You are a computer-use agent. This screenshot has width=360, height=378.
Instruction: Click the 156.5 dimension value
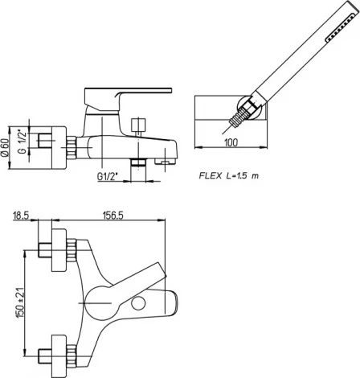[x=112, y=216]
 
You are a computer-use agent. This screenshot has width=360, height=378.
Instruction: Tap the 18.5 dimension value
[x=21, y=216]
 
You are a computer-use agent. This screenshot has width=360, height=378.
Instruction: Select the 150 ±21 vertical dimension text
[x=20, y=302]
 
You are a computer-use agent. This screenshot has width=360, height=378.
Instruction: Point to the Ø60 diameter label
[x=5, y=147]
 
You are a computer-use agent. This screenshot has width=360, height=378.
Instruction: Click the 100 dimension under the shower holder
[x=231, y=142]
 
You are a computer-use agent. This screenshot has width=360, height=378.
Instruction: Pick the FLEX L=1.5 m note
[x=229, y=176]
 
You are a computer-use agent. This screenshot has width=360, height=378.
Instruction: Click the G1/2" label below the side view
[x=108, y=177]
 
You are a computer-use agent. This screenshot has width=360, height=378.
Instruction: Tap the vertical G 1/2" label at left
[x=23, y=142]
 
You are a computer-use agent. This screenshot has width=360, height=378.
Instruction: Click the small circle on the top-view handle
[x=138, y=304]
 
